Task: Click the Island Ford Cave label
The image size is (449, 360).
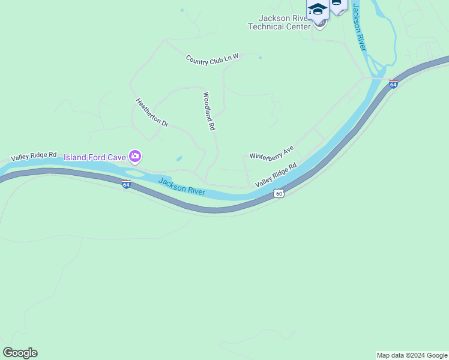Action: [x=95, y=158]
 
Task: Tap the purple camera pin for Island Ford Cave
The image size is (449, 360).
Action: [x=135, y=157]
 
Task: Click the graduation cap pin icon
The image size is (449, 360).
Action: [x=317, y=10]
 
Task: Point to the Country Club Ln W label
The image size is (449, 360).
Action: [x=212, y=59]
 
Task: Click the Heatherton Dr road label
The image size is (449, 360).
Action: [x=152, y=112]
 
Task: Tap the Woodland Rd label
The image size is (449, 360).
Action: [x=209, y=112]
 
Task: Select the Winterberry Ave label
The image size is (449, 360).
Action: [x=272, y=152]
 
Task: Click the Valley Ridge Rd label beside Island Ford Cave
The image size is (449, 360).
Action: [x=33, y=156]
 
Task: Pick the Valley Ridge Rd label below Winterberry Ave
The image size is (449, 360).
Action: [x=276, y=175]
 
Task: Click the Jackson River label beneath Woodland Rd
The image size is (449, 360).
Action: [x=182, y=187]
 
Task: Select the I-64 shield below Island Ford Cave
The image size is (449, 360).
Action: [x=126, y=184]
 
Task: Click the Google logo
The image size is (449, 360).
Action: [x=20, y=353]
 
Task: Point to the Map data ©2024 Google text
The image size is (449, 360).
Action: [x=412, y=355]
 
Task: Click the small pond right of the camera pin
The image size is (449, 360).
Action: [x=179, y=159]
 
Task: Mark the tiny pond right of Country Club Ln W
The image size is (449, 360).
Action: [x=260, y=58]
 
